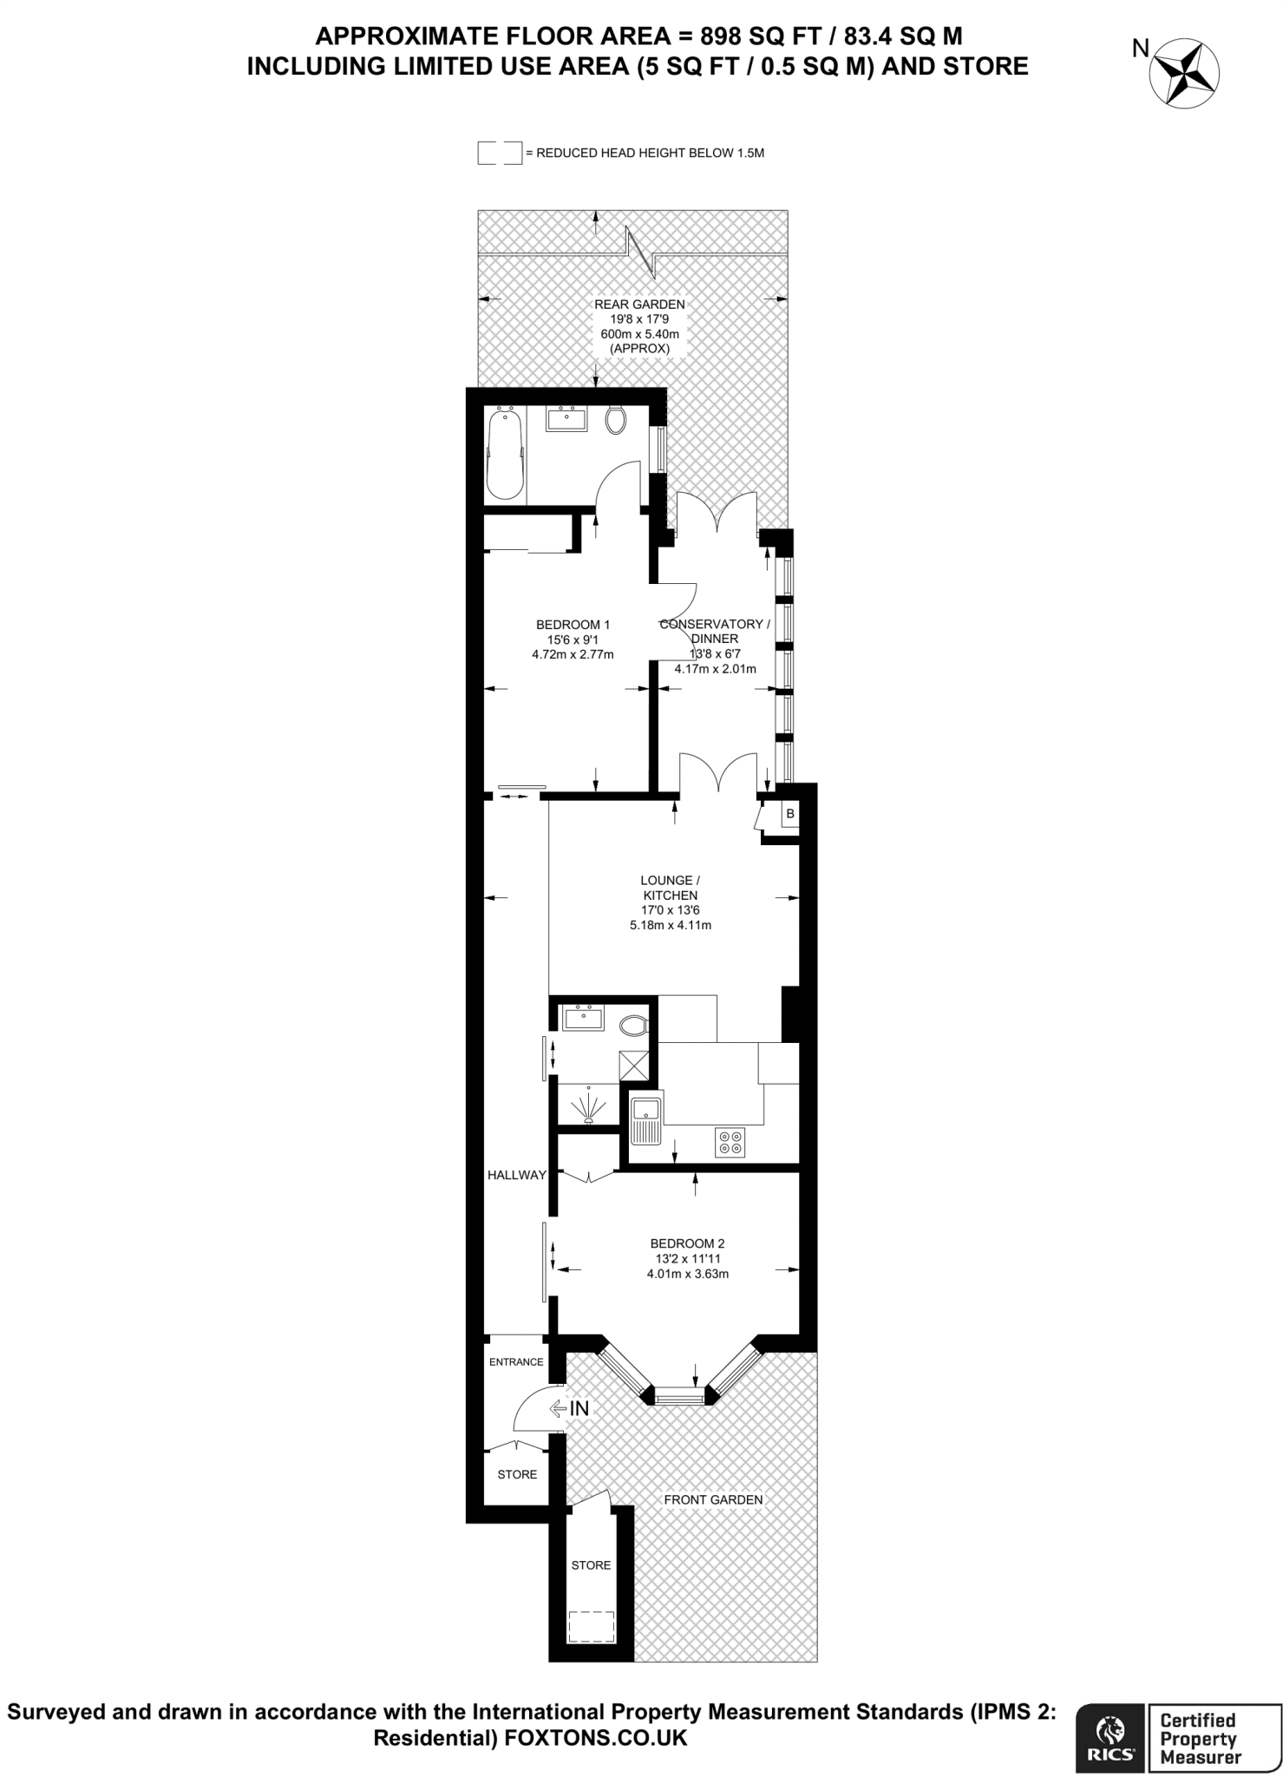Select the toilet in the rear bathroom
(x=616, y=420)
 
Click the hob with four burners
(x=730, y=1142)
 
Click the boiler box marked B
(x=789, y=814)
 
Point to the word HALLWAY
(x=516, y=1175)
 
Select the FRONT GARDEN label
(x=713, y=1499)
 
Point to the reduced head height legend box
(x=500, y=153)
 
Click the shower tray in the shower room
(x=589, y=1105)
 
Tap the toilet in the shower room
(x=635, y=1026)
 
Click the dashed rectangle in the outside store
(x=591, y=1625)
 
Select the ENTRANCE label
(x=516, y=1361)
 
